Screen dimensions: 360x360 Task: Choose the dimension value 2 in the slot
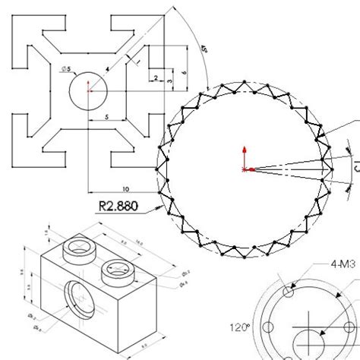(154, 77)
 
